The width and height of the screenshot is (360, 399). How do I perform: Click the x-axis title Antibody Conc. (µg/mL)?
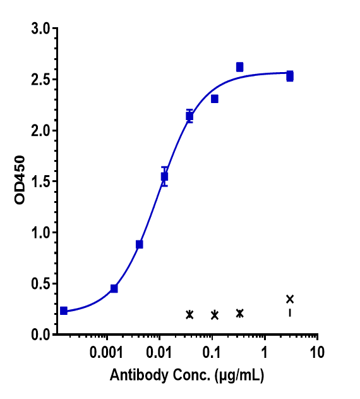click(187, 376)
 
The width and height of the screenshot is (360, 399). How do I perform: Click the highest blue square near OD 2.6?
click(239, 67)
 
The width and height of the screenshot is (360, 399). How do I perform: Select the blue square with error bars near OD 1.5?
click(164, 176)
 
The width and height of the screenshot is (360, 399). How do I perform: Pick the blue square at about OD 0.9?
click(140, 244)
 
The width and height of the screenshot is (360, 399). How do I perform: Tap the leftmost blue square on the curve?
click(64, 310)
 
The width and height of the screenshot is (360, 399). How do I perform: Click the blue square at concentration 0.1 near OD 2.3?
click(215, 99)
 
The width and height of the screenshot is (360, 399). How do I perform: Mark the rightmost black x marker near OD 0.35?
click(290, 299)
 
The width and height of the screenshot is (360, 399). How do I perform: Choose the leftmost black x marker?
click(189, 314)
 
